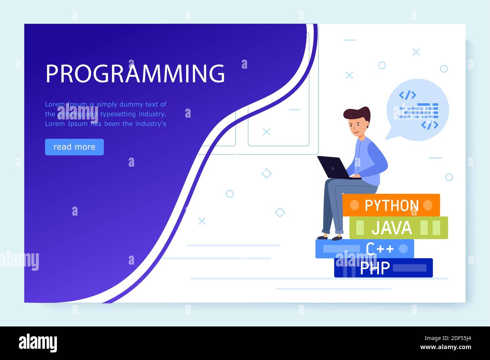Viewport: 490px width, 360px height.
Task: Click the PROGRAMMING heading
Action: (x=135, y=73)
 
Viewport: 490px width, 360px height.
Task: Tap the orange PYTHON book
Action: (x=391, y=205)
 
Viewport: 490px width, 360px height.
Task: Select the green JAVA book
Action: (x=398, y=228)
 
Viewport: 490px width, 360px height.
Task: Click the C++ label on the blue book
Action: (x=380, y=249)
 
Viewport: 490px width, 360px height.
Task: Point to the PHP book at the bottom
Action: (x=383, y=268)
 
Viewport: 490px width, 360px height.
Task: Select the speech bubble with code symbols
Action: (x=418, y=109)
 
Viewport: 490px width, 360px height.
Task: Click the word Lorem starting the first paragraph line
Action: (x=55, y=104)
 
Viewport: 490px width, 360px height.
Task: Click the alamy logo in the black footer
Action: (x=38, y=343)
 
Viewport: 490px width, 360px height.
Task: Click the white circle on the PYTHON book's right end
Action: (x=427, y=205)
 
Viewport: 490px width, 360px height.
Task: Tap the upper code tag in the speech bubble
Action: (x=407, y=95)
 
